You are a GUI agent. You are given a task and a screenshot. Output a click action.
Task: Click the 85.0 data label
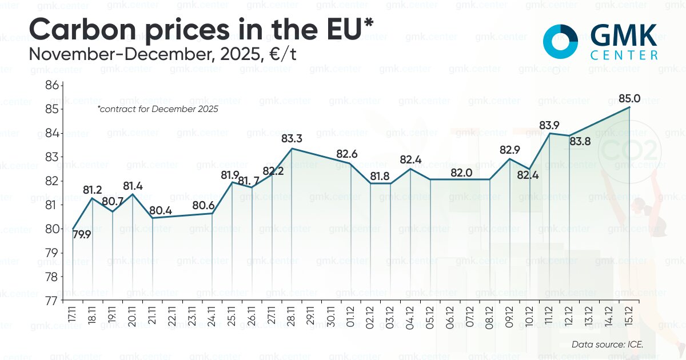coord(629,98)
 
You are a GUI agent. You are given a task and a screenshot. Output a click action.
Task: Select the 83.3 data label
coord(292,138)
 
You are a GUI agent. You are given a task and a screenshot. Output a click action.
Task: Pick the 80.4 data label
coord(161,210)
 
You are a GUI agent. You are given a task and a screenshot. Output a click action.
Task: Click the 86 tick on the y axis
coord(53,85)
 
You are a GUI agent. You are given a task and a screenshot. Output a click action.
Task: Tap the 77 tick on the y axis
coord(53,300)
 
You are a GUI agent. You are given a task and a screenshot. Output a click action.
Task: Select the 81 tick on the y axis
coord(53,205)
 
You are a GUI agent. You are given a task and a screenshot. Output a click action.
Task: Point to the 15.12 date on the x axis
coord(630,315)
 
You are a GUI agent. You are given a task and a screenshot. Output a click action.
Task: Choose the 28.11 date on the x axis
coord(292,315)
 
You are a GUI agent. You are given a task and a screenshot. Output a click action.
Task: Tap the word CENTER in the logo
coord(623,55)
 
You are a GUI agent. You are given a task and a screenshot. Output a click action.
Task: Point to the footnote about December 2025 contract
coord(158,109)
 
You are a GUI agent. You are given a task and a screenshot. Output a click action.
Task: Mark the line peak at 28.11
coord(292,149)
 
